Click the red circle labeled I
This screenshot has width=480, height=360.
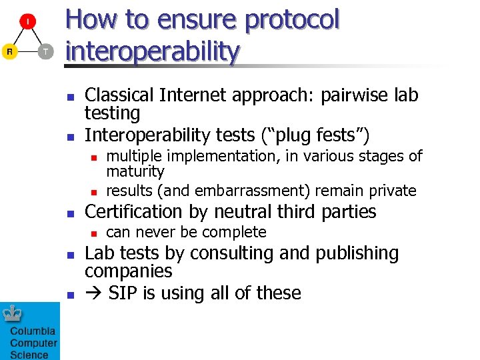[27, 23]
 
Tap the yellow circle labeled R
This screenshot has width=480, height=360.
[9, 51]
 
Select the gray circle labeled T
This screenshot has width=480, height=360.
[45, 51]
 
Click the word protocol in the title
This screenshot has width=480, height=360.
[293, 20]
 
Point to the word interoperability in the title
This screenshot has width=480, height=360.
[153, 51]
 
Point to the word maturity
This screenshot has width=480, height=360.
[135, 172]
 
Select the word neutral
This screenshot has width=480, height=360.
[239, 212]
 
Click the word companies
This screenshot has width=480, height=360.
[128, 271]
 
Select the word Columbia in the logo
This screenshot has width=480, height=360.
[33, 332]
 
